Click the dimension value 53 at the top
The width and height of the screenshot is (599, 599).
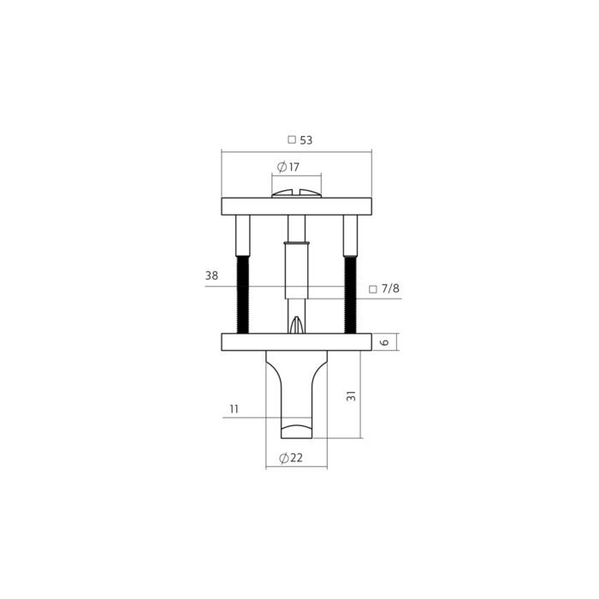point(306,140)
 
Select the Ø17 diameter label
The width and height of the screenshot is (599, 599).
point(288,167)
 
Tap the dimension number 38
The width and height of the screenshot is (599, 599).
point(211,276)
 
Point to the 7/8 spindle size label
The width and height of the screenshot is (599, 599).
point(390,288)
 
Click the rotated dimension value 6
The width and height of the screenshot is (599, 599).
point(385,341)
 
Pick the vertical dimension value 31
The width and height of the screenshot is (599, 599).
point(351,395)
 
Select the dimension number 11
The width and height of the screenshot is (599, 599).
point(234,409)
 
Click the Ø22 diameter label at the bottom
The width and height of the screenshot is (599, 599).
point(291,457)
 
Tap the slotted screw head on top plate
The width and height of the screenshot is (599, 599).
point(296,193)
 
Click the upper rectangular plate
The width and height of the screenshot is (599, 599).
point(296,206)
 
